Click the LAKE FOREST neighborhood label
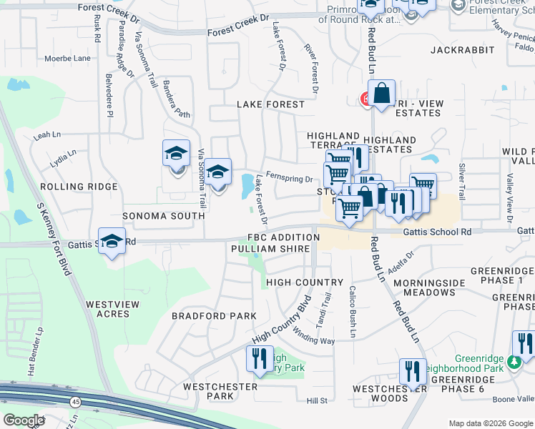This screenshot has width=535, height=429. [x=270, y=104]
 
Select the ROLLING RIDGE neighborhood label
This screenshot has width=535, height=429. [x=78, y=187]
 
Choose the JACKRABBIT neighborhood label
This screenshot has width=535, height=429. [x=463, y=50]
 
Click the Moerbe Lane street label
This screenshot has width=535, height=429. [x=67, y=58]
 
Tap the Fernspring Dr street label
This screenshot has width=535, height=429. [x=289, y=179]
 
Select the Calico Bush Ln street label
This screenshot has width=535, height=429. [x=353, y=312]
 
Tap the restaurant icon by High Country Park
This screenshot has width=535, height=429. [x=259, y=358]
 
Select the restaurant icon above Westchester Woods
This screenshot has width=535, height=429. [x=413, y=370]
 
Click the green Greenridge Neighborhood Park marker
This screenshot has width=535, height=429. [x=514, y=363]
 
